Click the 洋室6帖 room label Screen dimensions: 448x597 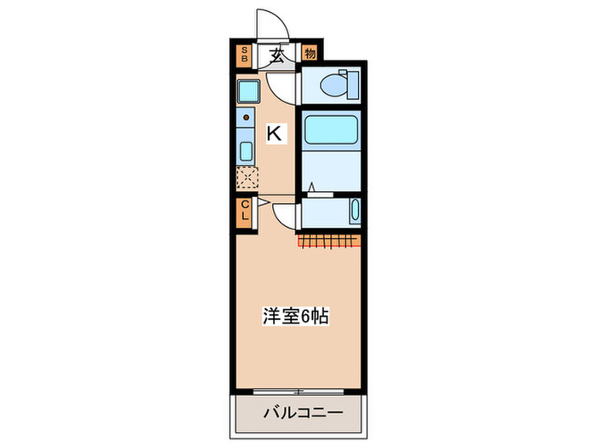(x=295, y=316)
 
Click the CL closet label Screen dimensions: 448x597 (x=244, y=210)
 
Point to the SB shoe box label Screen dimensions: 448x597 (x=244, y=56)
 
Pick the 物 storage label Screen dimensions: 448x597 (x=309, y=55)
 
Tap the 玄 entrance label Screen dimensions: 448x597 (x=277, y=56)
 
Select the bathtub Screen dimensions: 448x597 (x=331, y=131)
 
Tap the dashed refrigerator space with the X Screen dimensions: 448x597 (x=246, y=178)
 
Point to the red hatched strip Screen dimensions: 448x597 (x=329, y=241)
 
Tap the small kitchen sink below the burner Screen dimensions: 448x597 (x=246, y=153)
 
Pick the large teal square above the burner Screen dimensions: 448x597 (x=247, y=91)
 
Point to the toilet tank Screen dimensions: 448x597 (x=352, y=85)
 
